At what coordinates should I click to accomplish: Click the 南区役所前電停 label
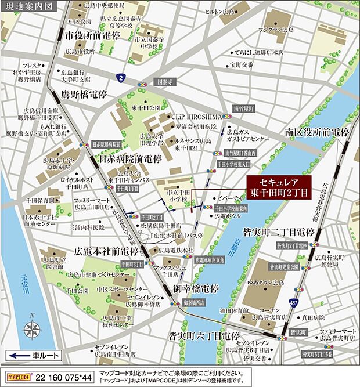pos(317,132)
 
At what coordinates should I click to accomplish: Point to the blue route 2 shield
pos(120,77)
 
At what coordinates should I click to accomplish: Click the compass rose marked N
pos(31,330)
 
